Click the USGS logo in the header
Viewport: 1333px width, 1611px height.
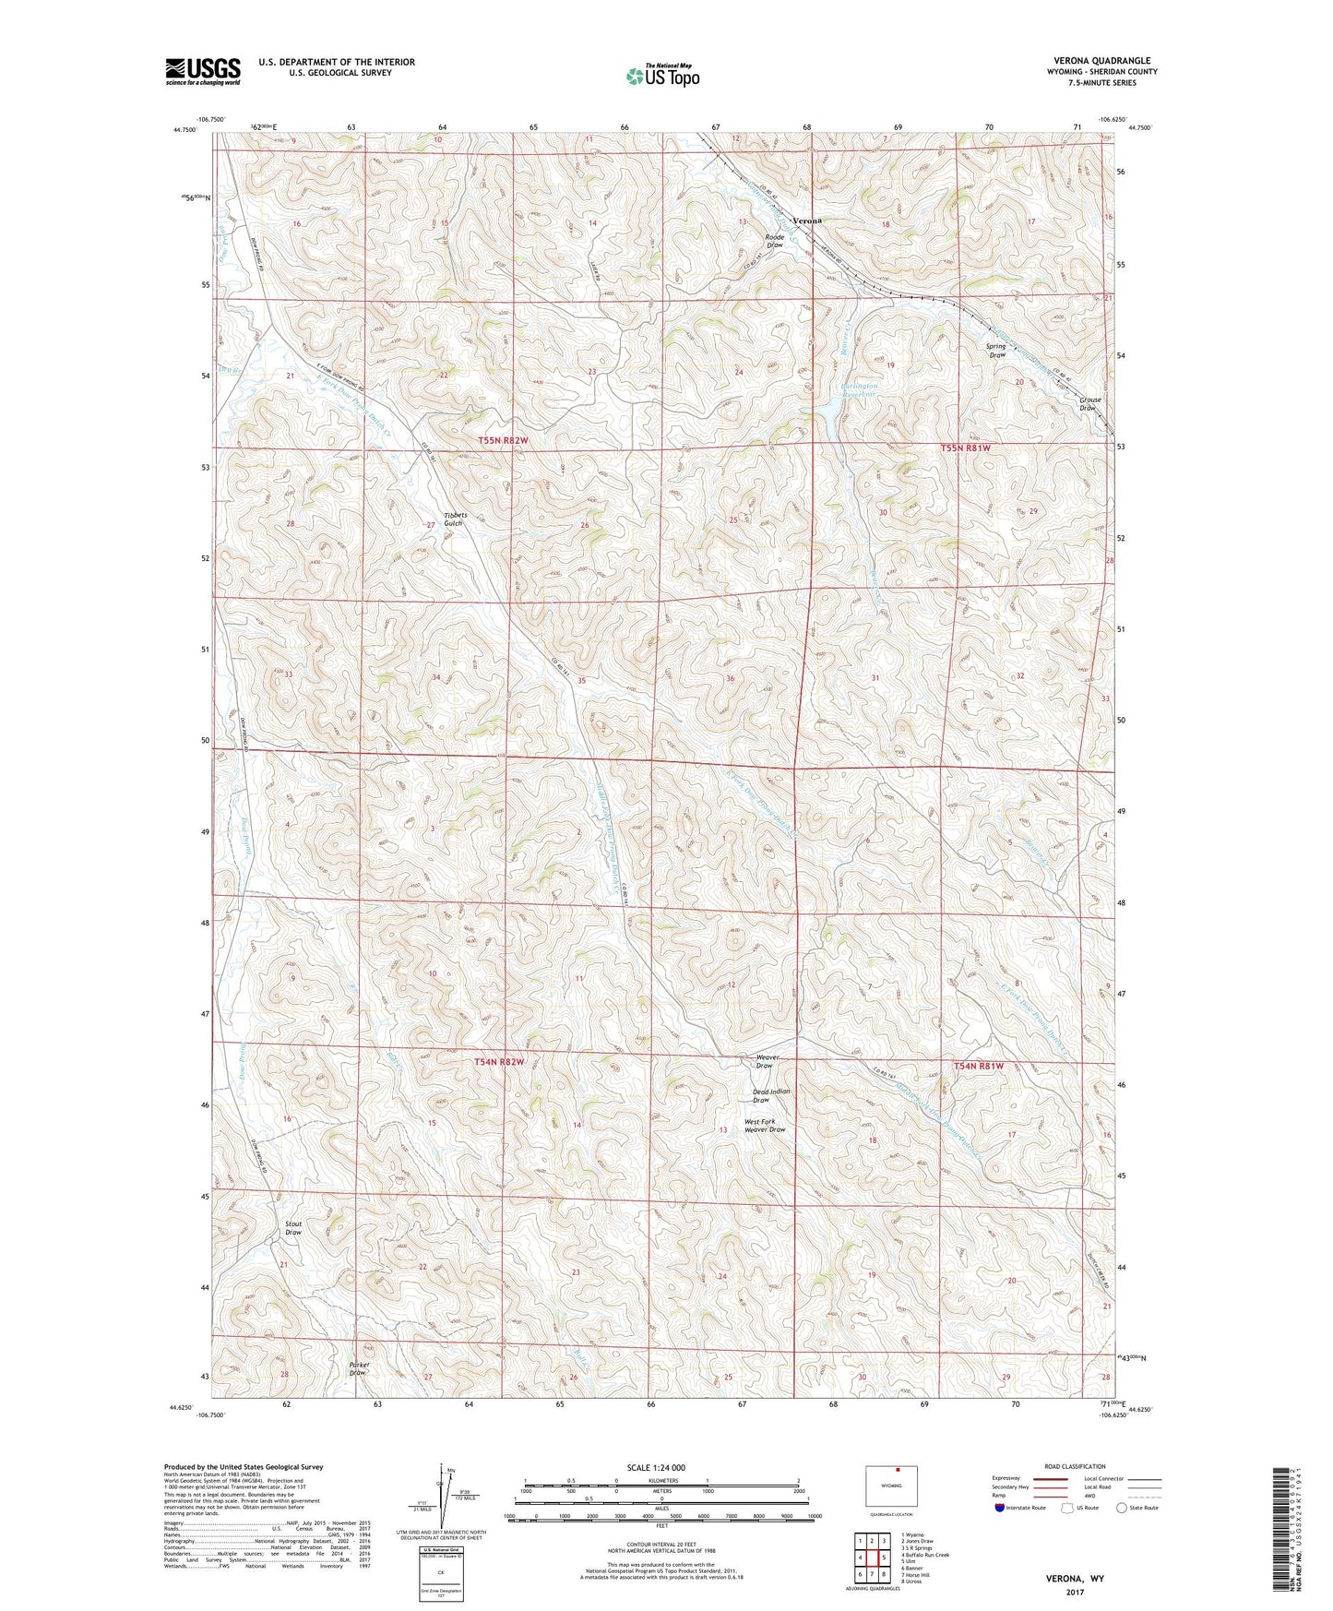click(x=202, y=71)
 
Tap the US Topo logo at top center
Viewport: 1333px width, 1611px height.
click(x=661, y=76)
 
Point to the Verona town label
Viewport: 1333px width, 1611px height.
click(x=807, y=221)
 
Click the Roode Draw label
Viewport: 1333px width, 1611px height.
click(x=775, y=241)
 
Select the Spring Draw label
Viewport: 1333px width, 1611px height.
click(x=996, y=351)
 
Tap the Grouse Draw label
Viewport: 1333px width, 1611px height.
click(x=1089, y=403)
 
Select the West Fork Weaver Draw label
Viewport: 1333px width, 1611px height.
click(x=765, y=1126)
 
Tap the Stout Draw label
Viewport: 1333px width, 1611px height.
click(x=293, y=1228)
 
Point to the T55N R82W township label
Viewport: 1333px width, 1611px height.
click(x=504, y=441)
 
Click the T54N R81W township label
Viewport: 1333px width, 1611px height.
click(x=978, y=1066)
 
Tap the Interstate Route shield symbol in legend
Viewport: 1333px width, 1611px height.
click(x=1000, y=1508)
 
